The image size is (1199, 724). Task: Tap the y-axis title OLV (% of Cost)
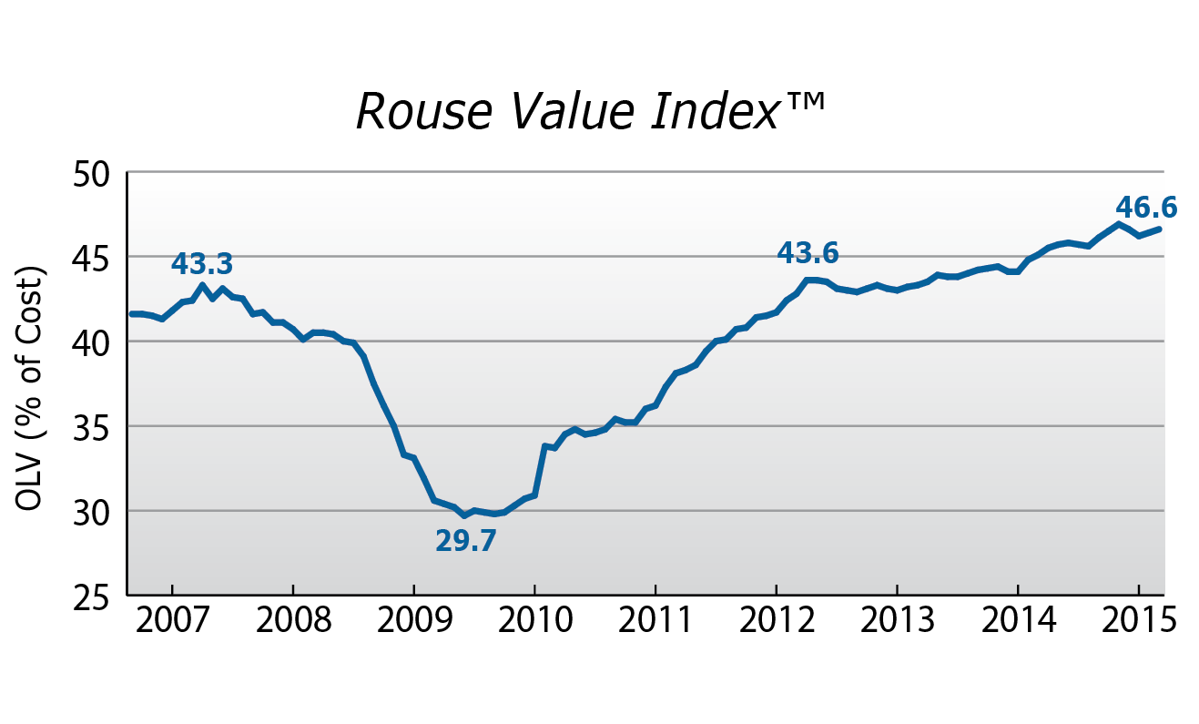(28, 388)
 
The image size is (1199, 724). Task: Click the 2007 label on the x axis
(172, 621)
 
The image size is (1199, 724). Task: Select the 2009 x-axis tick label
(414, 621)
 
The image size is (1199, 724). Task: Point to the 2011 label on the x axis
(655, 621)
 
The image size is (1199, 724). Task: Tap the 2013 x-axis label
(898, 621)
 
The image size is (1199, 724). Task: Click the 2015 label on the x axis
(1139, 621)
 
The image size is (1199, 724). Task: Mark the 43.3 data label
(202, 263)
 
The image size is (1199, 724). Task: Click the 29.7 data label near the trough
(466, 541)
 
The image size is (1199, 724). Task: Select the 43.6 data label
(808, 253)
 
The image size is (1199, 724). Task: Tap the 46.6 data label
(1146, 208)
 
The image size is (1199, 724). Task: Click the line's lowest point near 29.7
(464, 515)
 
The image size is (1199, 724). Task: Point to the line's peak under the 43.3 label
(202, 285)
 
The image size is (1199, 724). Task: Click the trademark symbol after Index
(807, 101)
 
